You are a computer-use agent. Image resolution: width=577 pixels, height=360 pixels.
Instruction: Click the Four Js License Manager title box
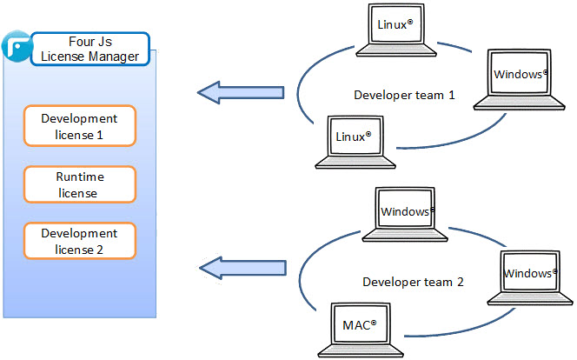(x=90, y=50)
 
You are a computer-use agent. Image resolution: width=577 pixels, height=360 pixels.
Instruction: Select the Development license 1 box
(x=79, y=126)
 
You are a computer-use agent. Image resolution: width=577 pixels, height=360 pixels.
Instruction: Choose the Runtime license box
(x=79, y=184)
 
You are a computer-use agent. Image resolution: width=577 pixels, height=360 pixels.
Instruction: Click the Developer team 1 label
(x=404, y=95)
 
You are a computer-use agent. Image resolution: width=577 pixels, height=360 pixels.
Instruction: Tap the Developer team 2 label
(x=413, y=282)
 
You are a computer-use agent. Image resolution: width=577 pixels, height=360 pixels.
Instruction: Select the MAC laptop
(x=356, y=331)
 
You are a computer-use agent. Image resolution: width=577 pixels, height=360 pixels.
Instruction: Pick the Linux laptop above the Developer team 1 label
(x=396, y=30)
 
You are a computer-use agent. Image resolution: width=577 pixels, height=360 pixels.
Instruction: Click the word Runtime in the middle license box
(x=79, y=177)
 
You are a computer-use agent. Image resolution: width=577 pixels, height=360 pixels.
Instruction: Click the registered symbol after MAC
(x=374, y=324)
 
